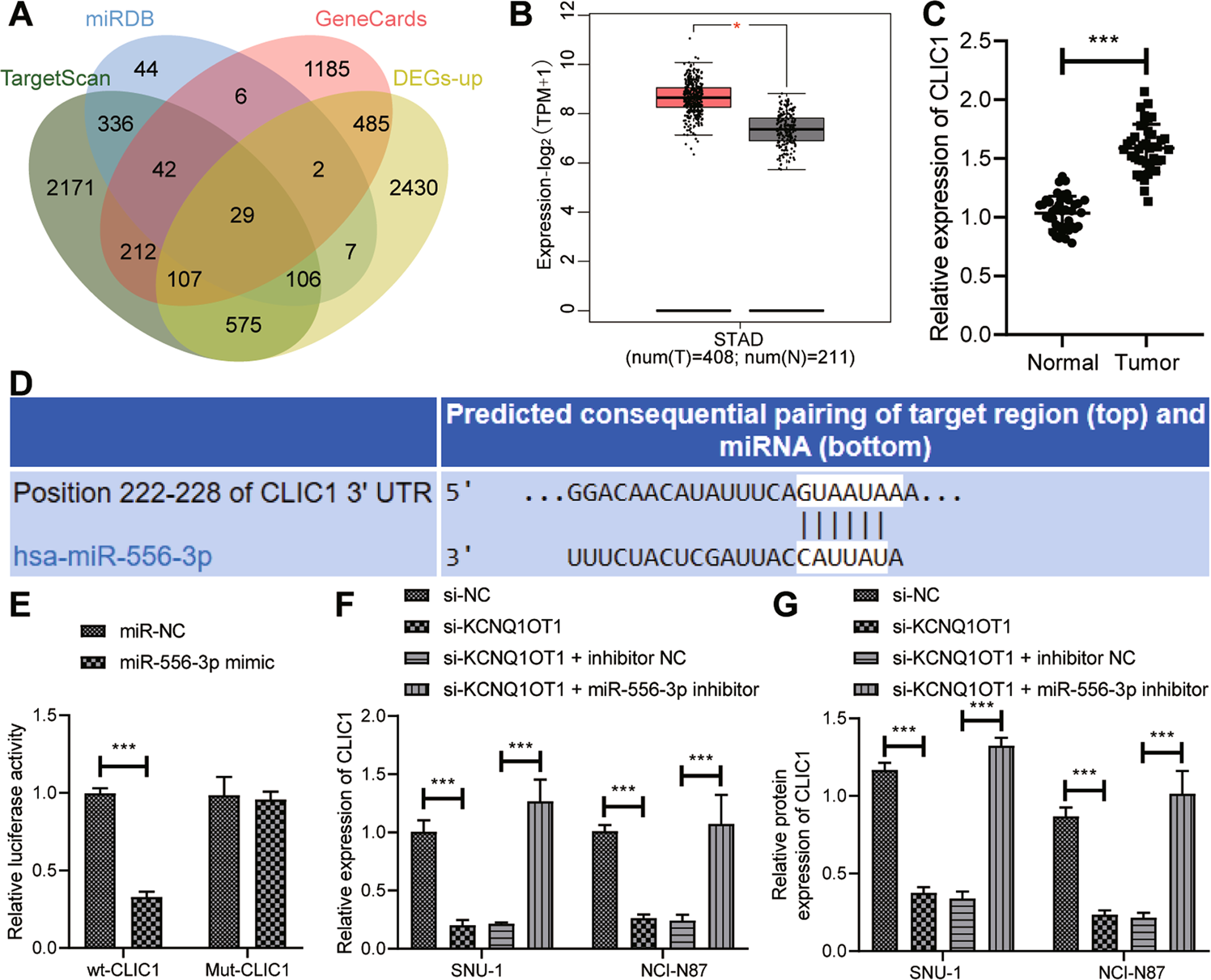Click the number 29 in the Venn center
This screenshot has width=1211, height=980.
[242, 215]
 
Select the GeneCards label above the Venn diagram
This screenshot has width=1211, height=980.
[371, 19]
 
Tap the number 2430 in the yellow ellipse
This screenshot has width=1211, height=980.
[413, 188]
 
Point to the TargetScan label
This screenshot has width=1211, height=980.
[55, 78]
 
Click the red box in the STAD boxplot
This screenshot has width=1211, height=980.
[693, 97]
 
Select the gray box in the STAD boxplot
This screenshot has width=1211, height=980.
[786, 129]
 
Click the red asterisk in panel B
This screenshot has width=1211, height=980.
[737, 27]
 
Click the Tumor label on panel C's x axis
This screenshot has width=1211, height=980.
[1147, 363]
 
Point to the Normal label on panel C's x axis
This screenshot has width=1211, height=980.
[1062, 363]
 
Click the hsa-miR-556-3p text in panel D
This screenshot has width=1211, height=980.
[113, 556]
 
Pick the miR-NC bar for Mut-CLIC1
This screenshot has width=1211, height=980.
[223, 872]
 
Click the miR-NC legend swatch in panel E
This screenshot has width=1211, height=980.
[93, 631]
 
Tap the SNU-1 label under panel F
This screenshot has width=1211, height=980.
[478, 969]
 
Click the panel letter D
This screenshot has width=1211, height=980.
[20, 383]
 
